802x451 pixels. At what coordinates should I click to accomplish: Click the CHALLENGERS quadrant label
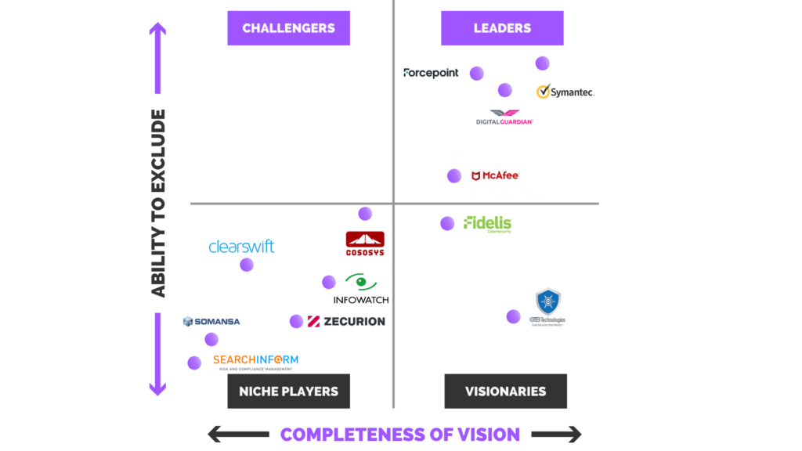[288, 28]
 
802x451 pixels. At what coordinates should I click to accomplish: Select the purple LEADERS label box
[502, 28]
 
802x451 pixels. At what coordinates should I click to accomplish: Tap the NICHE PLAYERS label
[288, 391]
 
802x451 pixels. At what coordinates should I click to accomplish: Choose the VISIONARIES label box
[505, 391]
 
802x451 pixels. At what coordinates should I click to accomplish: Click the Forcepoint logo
[431, 73]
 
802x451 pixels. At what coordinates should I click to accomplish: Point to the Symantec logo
[565, 92]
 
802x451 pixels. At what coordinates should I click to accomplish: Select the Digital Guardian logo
[504, 117]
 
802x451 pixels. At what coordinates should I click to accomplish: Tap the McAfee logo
[495, 175]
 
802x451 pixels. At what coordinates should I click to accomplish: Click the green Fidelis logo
[487, 224]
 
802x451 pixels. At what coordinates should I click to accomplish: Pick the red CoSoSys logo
[365, 244]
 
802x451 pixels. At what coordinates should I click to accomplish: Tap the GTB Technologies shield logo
[547, 307]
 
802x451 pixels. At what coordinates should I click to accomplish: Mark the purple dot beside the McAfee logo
[454, 175]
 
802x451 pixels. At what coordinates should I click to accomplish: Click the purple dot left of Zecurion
[296, 321]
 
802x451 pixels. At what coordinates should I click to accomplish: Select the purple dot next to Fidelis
[447, 223]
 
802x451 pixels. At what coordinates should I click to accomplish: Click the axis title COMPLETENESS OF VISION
[400, 434]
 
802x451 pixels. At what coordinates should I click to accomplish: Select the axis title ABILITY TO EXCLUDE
[158, 204]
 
